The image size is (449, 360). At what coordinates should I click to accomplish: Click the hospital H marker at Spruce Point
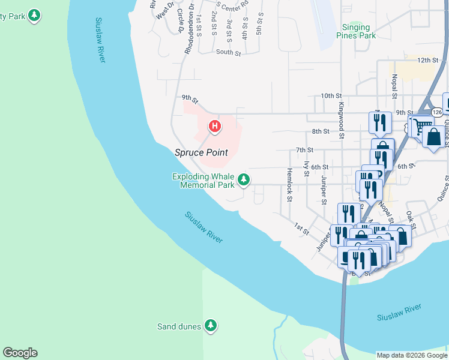(x=214, y=127)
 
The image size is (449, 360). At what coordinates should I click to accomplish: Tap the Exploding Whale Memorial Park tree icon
(x=244, y=179)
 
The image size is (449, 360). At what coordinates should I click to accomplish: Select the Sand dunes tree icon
(x=210, y=326)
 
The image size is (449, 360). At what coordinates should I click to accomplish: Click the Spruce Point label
(x=201, y=152)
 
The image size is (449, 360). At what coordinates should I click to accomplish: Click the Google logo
(x=20, y=353)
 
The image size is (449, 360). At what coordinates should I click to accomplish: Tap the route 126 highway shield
(x=437, y=112)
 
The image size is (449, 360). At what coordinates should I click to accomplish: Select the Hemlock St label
(x=289, y=184)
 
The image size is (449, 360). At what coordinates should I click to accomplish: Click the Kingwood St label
(x=340, y=119)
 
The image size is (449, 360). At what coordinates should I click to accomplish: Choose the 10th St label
(x=331, y=95)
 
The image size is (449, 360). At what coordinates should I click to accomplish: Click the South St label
(x=228, y=53)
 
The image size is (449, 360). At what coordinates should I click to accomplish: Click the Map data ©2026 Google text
(x=412, y=355)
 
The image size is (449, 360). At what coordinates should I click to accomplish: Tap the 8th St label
(x=321, y=131)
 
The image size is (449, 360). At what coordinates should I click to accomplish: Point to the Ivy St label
(x=307, y=169)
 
